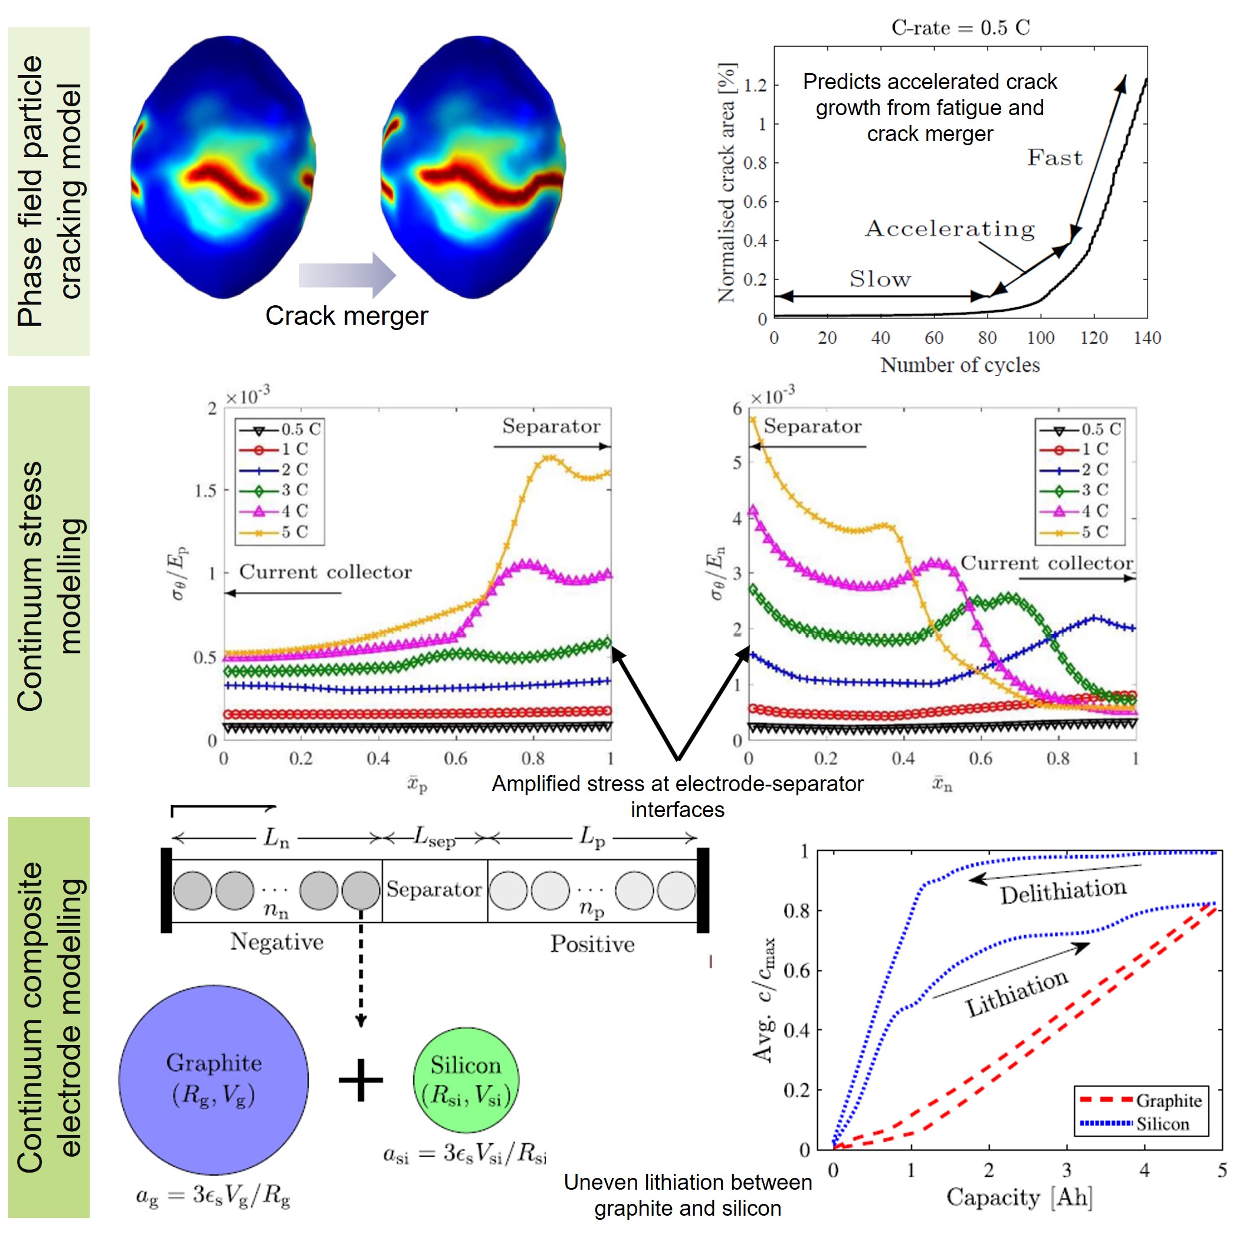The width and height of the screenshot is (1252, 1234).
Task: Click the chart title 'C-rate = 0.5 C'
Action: click(x=960, y=28)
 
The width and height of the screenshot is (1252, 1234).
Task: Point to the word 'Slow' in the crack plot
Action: click(x=880, y=279)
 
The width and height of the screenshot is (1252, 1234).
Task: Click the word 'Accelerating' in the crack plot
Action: click(x=949, y=228)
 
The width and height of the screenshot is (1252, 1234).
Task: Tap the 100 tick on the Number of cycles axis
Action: click(x=1040, y=338)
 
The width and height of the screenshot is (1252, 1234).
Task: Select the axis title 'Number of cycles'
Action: click(x=959, y=365)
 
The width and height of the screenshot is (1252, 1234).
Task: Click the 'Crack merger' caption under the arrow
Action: click(x=346, y=316)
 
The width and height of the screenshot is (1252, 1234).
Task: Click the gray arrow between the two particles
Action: click(x=347, y=275)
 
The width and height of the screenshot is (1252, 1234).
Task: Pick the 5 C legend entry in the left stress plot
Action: click(x=280, y=532)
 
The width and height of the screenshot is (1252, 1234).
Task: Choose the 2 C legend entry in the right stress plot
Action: click(x=1081, y=469)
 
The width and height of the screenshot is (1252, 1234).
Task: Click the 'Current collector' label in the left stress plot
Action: click(x=325, y=572)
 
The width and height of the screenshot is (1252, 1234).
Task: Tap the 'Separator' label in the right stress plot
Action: click(x=812, y=426)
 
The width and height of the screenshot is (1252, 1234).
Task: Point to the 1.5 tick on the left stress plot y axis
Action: click(x=205, y=491)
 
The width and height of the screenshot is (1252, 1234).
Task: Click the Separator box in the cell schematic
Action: click(x=434, y=890)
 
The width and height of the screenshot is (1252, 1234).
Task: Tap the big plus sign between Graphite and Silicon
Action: click(x=360, y=1080)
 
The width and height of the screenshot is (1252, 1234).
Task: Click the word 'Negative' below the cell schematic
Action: click(x=277, y=942)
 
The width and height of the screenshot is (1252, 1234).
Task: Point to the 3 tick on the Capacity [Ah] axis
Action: click(x=1066, y=1170)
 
